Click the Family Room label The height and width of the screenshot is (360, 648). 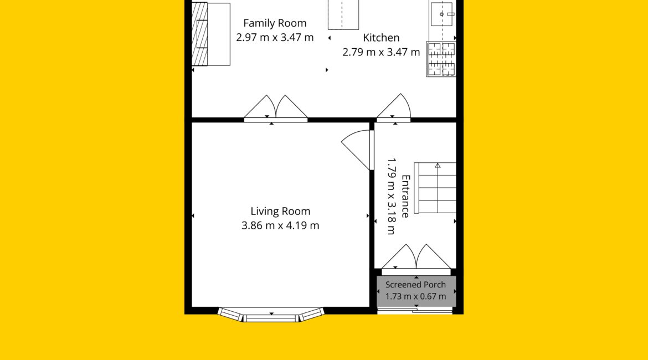click(275, 24)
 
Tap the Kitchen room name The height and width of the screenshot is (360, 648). click(381, 38)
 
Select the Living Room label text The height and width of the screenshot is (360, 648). click(280, 211)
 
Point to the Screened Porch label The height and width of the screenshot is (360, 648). click(415, 285)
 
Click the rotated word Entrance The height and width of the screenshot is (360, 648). click(405, 196)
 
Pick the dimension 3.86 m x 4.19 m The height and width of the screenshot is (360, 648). click(280, 225)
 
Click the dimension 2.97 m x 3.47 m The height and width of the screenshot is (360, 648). click(275, 38)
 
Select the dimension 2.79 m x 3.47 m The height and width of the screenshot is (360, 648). click(381, 52)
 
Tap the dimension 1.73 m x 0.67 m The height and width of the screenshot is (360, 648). click(415, 296)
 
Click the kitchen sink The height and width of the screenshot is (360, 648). click(442, 14)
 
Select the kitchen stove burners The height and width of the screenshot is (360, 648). click(441, 59)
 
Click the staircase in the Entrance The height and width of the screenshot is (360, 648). click(435, 188)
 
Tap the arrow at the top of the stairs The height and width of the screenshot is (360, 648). click(438, 166)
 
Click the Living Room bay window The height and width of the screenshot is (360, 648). click(271, 315)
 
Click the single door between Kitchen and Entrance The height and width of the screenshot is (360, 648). click(393, 108)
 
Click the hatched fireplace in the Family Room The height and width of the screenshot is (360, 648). click(199, 34)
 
